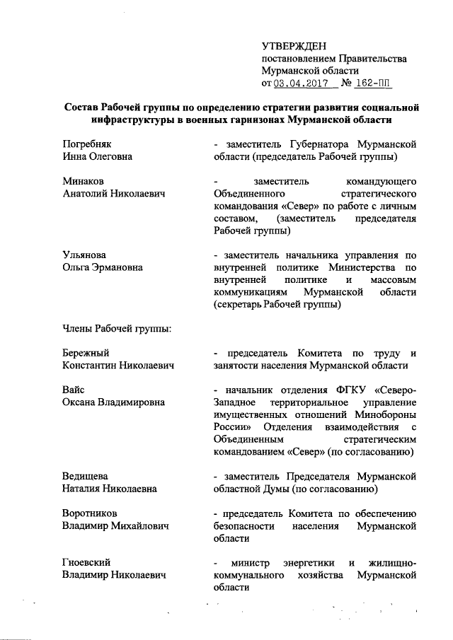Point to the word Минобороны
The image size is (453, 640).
click(386, 415)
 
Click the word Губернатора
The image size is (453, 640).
click(320, 144)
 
